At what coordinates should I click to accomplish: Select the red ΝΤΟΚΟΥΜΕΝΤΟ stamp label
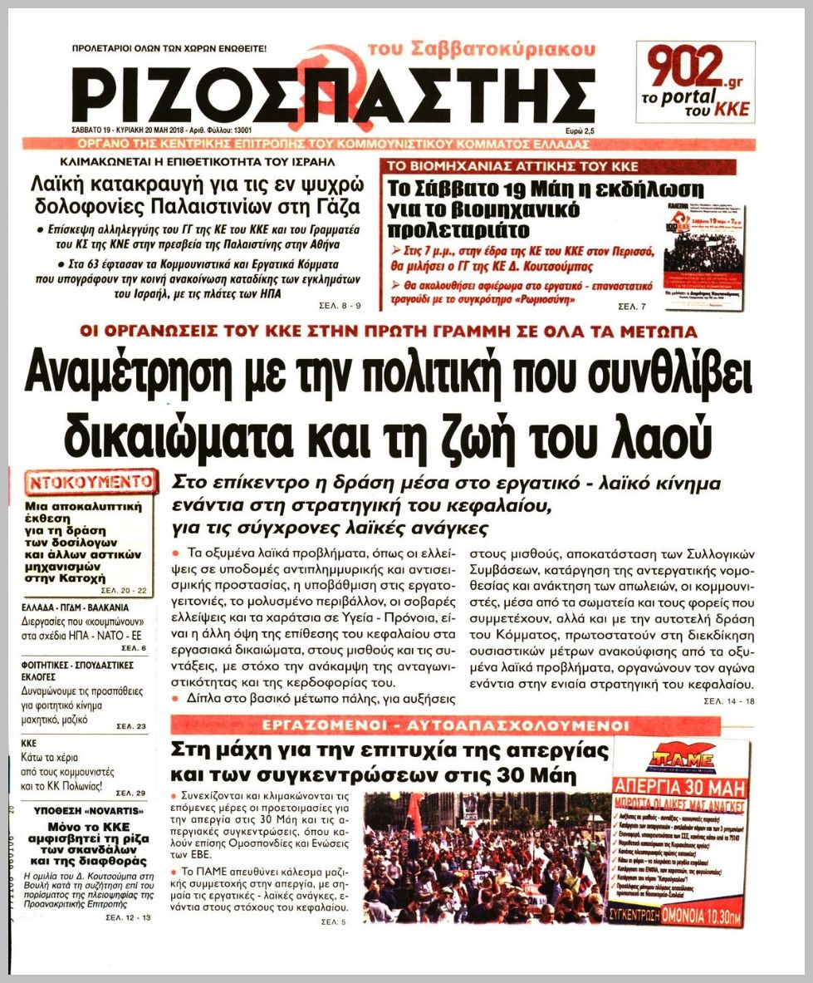click(x=92, y=482)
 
